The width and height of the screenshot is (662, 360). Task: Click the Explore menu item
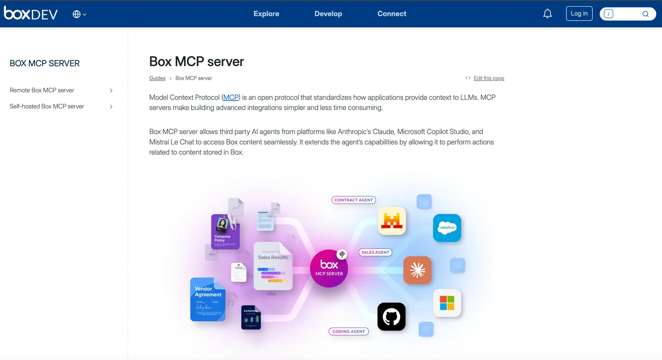pos(266,14)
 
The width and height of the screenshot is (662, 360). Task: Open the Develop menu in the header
pos(328,14)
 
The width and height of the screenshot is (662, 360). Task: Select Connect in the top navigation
pos(392,14)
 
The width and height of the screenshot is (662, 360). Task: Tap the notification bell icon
pos(547,14)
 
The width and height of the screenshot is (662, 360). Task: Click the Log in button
pos(579,14)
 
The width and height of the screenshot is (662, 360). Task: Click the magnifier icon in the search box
pos(645,14)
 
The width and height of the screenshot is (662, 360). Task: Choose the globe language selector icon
pos(77,14)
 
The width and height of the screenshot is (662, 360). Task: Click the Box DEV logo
pos(31,14)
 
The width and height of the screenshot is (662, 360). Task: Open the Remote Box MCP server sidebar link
pos(42,90)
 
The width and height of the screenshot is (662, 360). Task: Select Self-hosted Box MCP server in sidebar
pos(47,106)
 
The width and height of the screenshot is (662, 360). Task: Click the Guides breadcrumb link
pos(157,78)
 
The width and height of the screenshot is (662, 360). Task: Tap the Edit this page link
pos(489,78)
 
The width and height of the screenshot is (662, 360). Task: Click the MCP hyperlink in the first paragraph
pos(231,98)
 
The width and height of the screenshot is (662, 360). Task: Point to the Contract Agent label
pos(354,200)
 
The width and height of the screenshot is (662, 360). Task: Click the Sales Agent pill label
pos(375,252)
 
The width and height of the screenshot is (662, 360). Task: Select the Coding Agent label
pos(348,331)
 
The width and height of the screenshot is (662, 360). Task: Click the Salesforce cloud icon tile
pos(447,228)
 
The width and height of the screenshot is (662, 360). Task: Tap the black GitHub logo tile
pos(391,317)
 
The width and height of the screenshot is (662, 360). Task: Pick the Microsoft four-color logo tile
pos(447,303)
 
